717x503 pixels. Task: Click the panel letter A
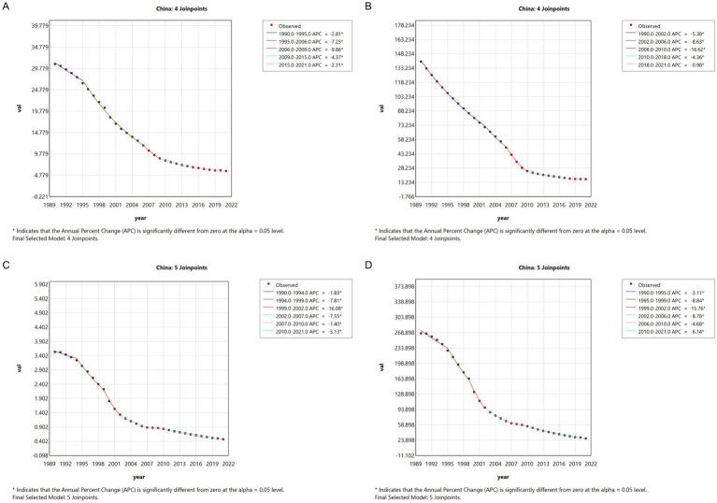[x=6, y=6]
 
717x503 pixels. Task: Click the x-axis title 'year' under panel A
[x=137, y=218]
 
